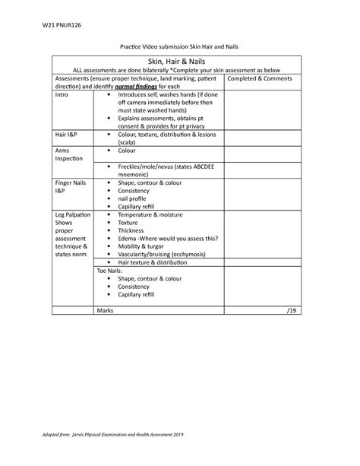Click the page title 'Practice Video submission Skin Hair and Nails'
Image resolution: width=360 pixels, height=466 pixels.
(x=179, y=47)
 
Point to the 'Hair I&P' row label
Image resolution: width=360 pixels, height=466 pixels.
(x=67, y=134)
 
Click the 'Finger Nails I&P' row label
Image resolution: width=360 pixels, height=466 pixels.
(x=69, y=188)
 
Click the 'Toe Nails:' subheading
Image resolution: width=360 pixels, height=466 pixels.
(x=109, y=270)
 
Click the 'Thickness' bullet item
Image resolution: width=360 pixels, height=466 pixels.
(x=133, y=230)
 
